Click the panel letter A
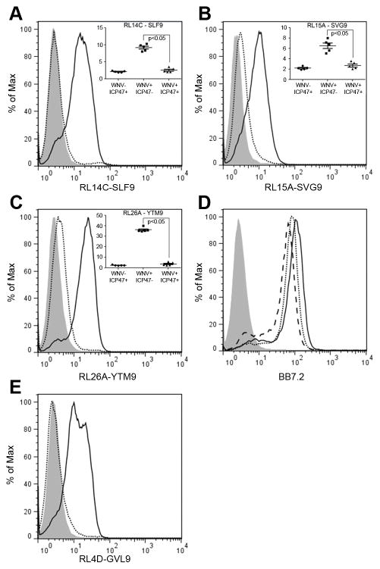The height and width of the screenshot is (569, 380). pos(10,11)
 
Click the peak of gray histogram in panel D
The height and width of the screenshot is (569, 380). pos(237,220)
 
